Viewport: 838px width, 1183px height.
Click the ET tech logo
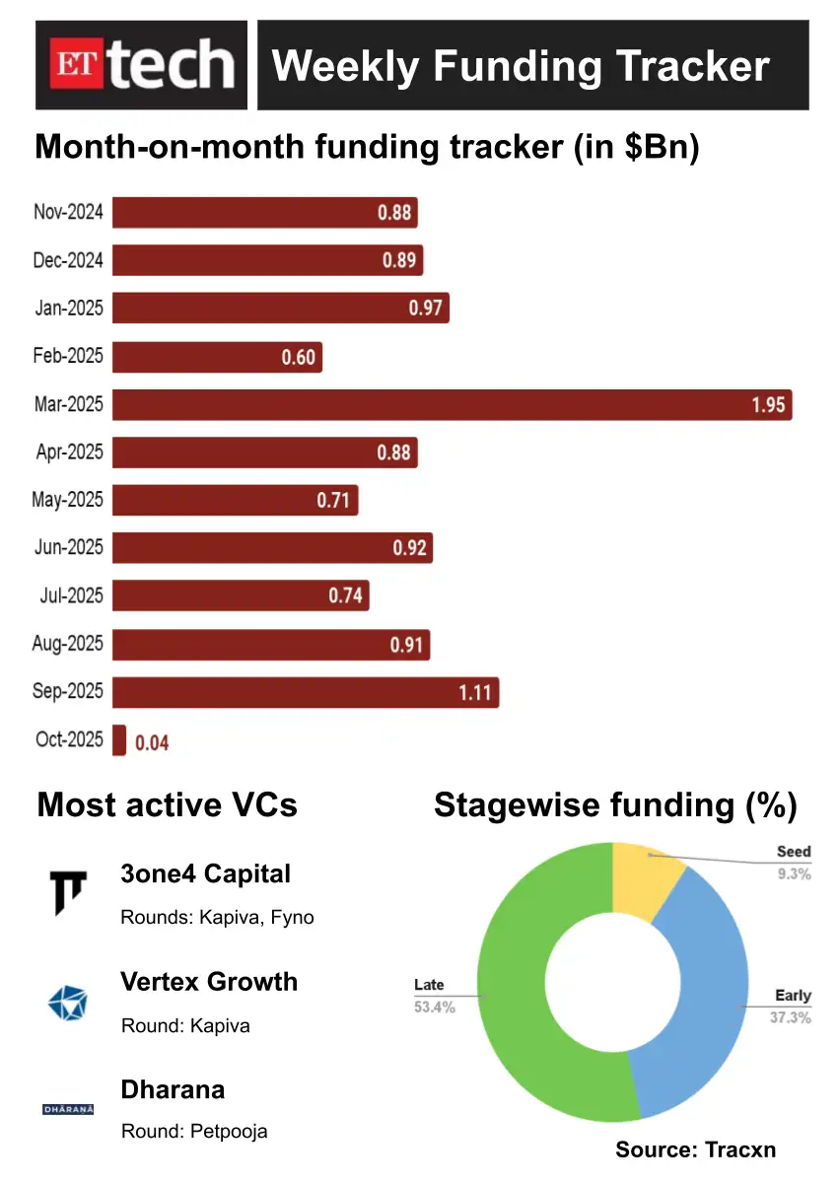(x=142, y=65)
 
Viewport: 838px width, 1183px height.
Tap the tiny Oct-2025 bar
(x=119, y=740)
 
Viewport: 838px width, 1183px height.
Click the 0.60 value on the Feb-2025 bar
(x=299, y=357)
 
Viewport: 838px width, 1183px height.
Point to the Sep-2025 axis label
(x=67, y=691)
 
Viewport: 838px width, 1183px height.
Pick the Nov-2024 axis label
(x=67, y=211)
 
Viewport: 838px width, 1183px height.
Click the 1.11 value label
(x=474, y=692)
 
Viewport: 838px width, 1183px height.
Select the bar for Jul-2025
(x=241, y=595)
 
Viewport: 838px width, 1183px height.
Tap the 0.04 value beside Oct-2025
(x=152, y=742)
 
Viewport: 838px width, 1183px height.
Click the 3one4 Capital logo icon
(x=68, y=891)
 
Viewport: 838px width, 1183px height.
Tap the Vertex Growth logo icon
(x=68, y=1003)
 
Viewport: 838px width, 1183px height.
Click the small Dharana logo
(x=68, y=1109)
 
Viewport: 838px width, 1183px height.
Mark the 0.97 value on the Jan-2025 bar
(x=425, y=309)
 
